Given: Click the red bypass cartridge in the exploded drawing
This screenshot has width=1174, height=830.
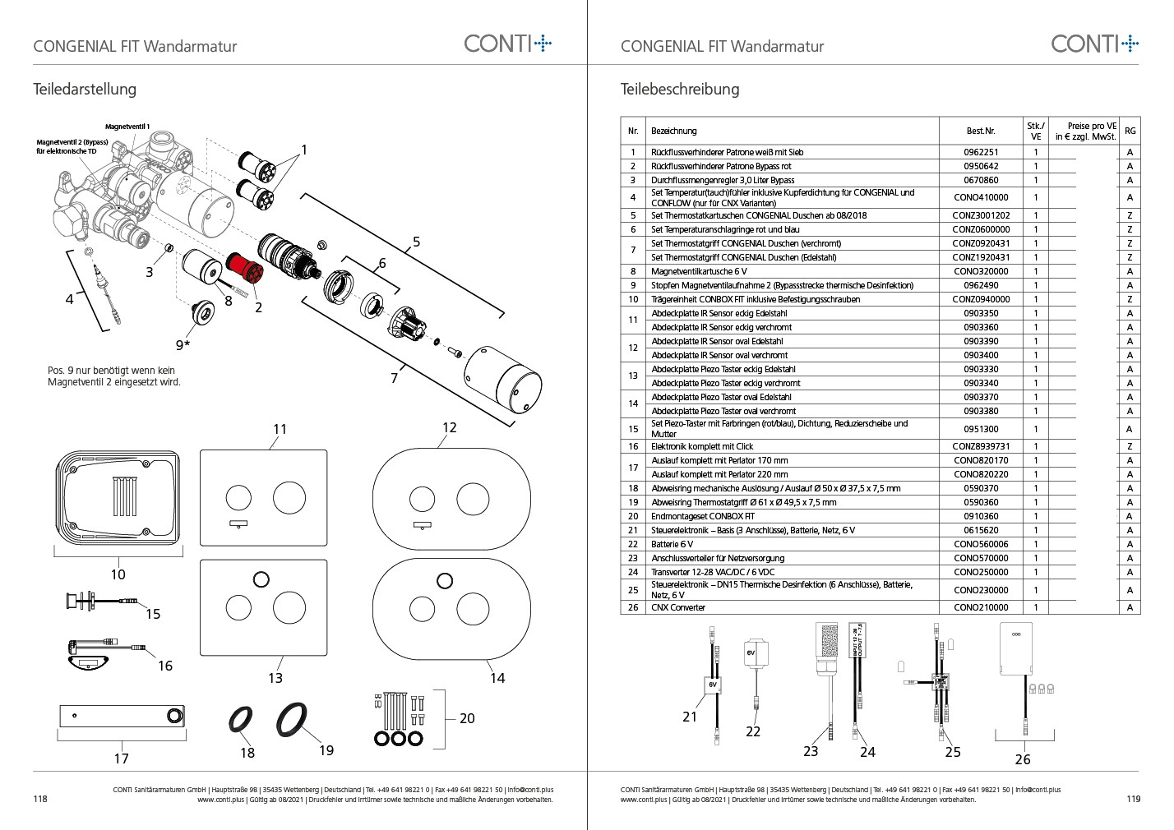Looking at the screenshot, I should pos(244,268).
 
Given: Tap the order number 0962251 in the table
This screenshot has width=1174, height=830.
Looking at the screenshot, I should pos(981,152).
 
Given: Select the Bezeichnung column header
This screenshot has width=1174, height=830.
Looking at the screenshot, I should pos(674,131).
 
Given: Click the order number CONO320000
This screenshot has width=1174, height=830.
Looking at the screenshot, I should pos(981,271).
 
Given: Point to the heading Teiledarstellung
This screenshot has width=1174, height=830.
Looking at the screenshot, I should pos(85,90).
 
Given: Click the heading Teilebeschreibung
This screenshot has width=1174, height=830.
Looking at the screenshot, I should pos(680,90).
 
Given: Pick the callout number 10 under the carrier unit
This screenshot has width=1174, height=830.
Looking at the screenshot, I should pos(118,574).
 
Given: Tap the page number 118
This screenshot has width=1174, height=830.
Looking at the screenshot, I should pos(40,799).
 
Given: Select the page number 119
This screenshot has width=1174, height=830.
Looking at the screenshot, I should pos(1134,799).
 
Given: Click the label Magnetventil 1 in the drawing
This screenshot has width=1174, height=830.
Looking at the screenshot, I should pos(127,127).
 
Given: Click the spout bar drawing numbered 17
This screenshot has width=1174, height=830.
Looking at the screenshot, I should pos(122,716).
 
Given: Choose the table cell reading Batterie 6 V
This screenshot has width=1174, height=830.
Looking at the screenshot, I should pos(673,544).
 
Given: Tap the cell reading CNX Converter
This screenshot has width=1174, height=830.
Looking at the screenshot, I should pos(678,607).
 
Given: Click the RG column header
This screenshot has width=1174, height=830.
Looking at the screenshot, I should pos(1130,131).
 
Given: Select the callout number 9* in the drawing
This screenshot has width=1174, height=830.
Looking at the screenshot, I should pos(183,344).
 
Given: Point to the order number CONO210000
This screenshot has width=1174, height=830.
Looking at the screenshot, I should pos(981,607).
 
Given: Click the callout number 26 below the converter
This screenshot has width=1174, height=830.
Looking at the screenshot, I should pos(1023,759).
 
